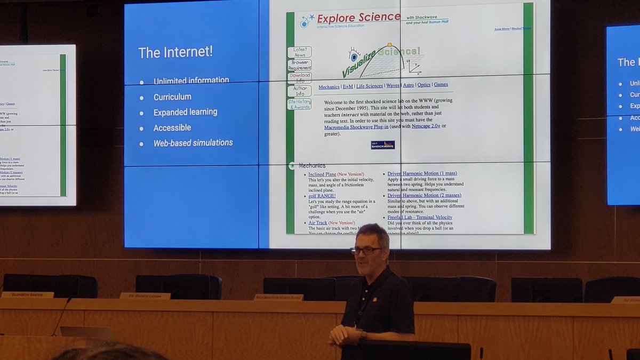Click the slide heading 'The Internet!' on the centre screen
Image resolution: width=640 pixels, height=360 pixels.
(175, 52)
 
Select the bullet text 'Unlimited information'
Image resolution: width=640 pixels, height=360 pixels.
(191, 81)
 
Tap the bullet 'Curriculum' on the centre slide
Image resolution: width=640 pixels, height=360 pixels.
(172, 97)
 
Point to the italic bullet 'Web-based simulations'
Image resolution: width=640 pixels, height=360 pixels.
(193, 143)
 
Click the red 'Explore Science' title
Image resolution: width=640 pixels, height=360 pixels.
(358, 18)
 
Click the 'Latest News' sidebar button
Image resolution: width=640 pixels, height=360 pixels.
(299, 52)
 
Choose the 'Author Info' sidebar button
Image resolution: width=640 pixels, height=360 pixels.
(300, 91)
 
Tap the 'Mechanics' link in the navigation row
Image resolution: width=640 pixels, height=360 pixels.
(329, 86)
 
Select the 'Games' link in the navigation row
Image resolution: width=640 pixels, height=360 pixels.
(441, 84)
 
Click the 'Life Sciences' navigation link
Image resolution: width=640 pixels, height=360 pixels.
(369, 86)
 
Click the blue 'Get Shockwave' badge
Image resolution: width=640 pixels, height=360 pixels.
(382, 145)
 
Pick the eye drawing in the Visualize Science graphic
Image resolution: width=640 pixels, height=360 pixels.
(354, 55)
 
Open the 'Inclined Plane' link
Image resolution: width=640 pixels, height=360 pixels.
(322, 174)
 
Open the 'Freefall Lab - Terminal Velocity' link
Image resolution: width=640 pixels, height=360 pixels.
(420, 217)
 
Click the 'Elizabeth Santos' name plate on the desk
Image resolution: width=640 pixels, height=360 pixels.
(27, 294)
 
